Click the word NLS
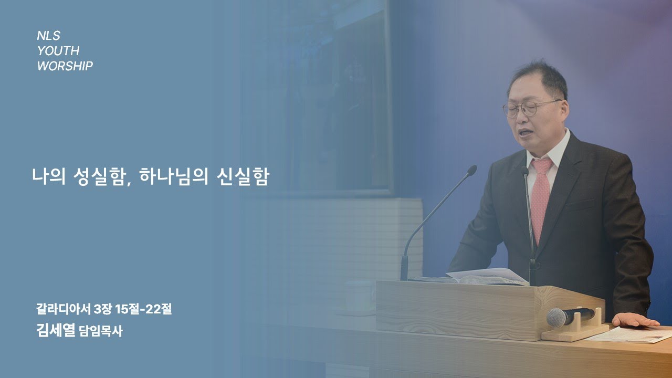click(x=48, y=36)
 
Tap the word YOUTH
click(x=58, y=51)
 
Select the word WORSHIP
click(x=65, y=66)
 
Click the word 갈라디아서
click(x=63, y=310)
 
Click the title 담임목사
click(x=100, y=331)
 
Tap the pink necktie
click(x=540, y=195)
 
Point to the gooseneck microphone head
click(x=471, y=171)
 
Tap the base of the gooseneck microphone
click(x=404, y=268)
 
